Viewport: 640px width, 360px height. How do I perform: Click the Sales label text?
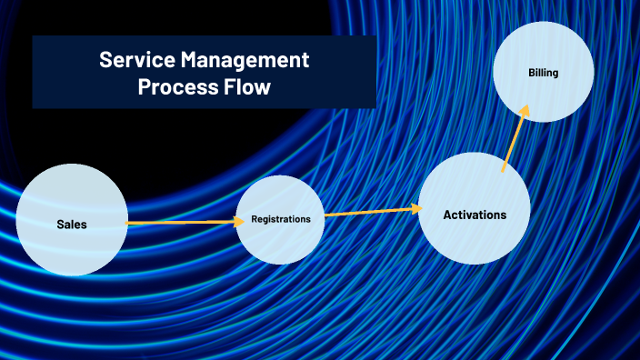pyautogui.click(x=72, y=224)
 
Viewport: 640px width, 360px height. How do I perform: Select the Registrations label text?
pyautogui.click(x=281, y=219)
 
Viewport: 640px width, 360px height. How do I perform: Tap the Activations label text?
pyautogui.click(x=475, y=215)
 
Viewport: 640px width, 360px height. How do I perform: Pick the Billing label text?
pyautogui.click(x=543, y=72)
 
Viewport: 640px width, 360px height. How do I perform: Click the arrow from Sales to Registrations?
pyautogui.click(x=182, y=222)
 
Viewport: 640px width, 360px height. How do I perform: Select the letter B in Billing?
pyautogui.click(x=531, y=72)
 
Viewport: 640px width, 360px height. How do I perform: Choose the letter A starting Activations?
pyautogui.click(x=447, y=215)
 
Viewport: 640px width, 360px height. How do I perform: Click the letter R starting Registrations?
pyautogui.click(x=255, y=219)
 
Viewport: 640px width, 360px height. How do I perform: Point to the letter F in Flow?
pyautogui.click(x=230, y=88)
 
